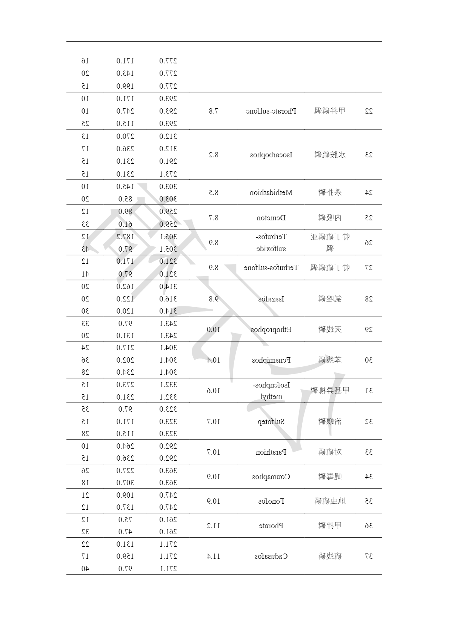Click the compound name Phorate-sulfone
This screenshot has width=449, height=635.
pyautogui.click(x=271, y=111)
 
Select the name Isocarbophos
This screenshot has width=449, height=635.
pyautogui.click(x=271, y=155)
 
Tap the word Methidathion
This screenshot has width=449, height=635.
pyautogui.click(x=271, y=192)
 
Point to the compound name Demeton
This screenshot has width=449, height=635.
pyautogui.click(x=271, y=218)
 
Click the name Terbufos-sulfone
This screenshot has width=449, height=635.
pyautogui.click(x=271, y=268)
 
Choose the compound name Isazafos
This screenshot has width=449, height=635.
pyautogui.click(x=271, y=299)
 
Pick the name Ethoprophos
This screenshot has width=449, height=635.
pyautogui.click(x=271, y=329)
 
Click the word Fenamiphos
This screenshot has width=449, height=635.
pyautogui.click(x=271, y=360)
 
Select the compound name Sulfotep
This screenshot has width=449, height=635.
pyautogui.click(x=271, y=421)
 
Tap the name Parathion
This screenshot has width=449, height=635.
pyautogui.click(x=271, y=452)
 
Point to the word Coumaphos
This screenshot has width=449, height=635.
pyautogui.click(x=271, y=477)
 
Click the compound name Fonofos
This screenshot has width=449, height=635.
pyautogui.click(x=271, y=501)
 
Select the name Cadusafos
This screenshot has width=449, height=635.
pyautogui.click(x=271, y=556)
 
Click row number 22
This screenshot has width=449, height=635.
pyautogui.click(x=368, y=111)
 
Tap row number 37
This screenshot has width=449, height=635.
pyautogui.click(x=368, y=556)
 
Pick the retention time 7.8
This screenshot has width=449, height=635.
pyautogui.click(x=214, y=111)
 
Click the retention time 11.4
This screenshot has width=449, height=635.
pyautogui.click(x=214, y=556)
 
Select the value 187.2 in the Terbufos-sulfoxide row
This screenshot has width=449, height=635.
pyautogui.click(x=125, y=237)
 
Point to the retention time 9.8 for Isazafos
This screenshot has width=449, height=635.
pyautogui.click(x=214, y=299)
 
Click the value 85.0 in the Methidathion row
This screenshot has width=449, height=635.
pyautogui.click(x=125, y=199)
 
